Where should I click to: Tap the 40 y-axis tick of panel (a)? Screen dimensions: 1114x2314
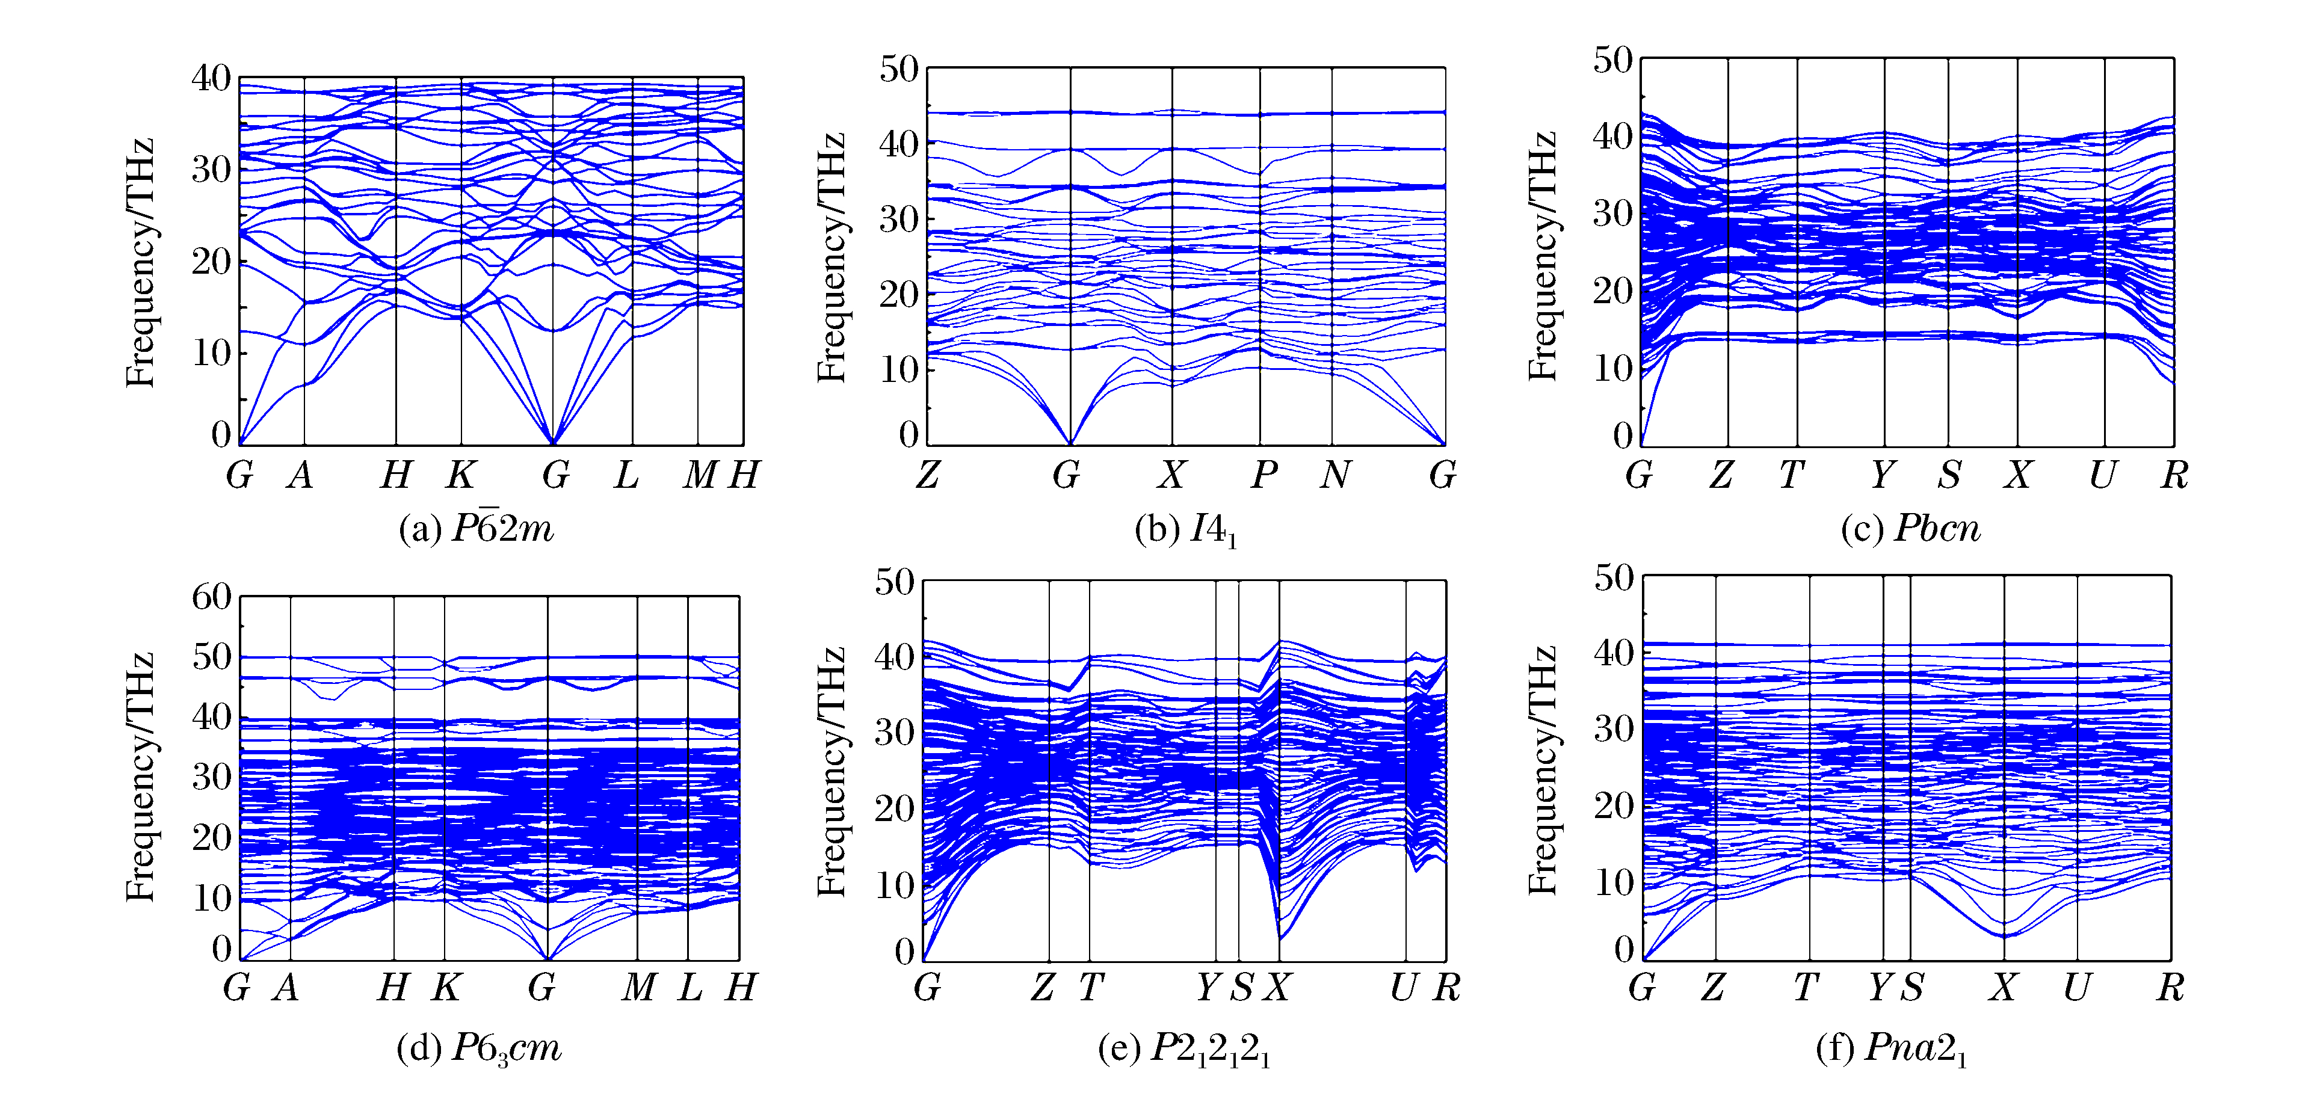[x=211, y=78]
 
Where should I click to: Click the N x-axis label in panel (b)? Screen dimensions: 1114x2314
[x=1335, y=475]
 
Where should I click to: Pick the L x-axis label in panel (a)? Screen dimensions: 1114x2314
[x=627, y=475]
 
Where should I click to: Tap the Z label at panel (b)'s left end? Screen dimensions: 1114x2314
[x=928, y=475]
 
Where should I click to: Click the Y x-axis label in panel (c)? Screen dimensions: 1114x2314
[x=1882, y=475]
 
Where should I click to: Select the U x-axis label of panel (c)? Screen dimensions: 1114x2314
[x=2102, y=475]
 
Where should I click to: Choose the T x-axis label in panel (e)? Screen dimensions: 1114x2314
[x=1091, y=988]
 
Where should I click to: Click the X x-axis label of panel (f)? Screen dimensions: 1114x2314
[x=2002, y=988]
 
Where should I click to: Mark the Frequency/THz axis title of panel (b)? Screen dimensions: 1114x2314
[x=831, y=258]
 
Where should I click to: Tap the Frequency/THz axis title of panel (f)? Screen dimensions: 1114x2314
[x=1543, y=770]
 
